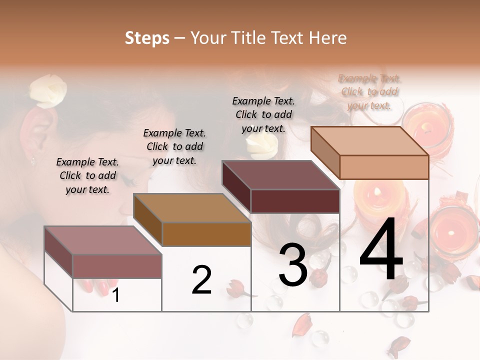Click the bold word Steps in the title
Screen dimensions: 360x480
click(x=146, y=38)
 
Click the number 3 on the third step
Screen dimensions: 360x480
click(x=293, y=265)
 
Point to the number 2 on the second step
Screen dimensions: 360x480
click(x=201, y=280)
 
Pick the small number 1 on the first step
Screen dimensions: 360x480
click(x=116, y=295)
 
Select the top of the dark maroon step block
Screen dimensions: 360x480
click(x=280, y=175)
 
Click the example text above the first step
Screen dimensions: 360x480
click(x=87, y=175)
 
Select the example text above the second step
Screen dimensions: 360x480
click(x=174, y=146)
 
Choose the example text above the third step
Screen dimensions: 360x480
click(x=263, y=114)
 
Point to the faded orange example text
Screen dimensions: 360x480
click(x=369, y=91)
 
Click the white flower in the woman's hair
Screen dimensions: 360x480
click(x=47, y=91)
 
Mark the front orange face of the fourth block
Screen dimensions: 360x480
click(x=384, y=167)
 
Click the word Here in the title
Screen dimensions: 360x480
click(x=328, y=38)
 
